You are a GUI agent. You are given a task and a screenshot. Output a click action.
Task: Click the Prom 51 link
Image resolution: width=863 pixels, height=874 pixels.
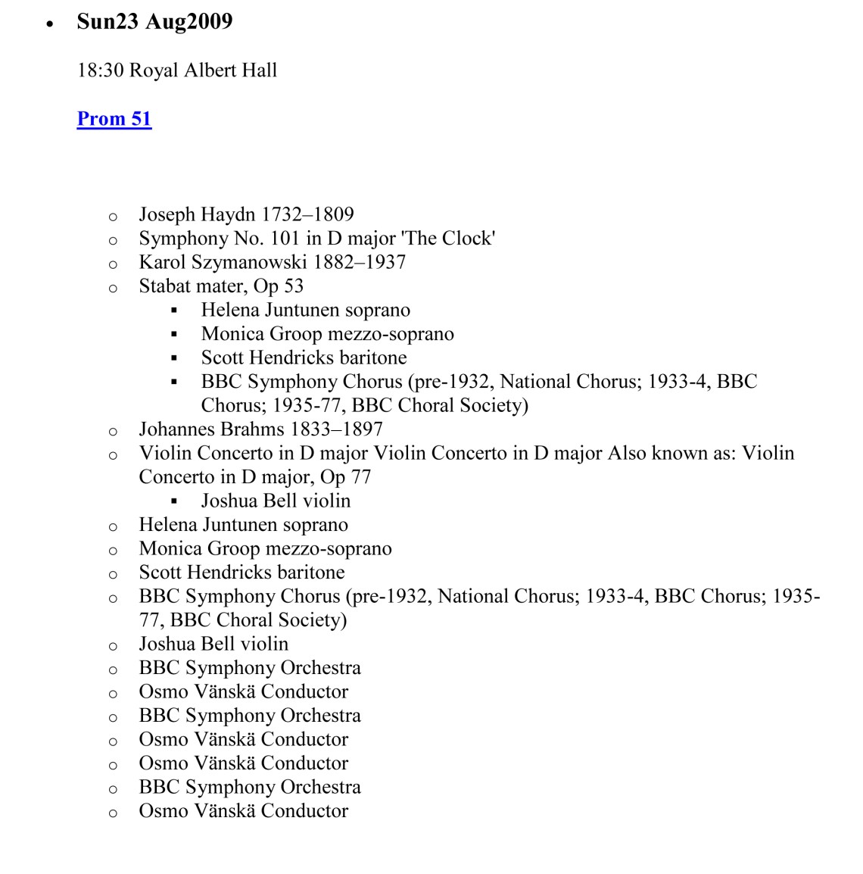[x=114, y=119]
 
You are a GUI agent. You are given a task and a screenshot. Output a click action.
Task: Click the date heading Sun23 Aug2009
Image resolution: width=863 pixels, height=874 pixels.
[x=154, y=21]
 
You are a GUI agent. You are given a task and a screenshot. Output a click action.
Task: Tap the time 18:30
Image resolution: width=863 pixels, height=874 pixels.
[x=101, y=70]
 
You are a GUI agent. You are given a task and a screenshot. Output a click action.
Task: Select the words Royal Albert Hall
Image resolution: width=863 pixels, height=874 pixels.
[x=204, y=70]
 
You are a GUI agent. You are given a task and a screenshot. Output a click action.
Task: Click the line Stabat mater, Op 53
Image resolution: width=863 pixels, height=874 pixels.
[x=221, y=286]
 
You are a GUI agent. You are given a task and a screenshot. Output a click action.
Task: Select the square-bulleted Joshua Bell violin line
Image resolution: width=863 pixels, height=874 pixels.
[x=276, y=501]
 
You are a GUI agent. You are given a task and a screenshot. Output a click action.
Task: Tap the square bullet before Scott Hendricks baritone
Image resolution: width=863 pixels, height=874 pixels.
[x=174, y=358]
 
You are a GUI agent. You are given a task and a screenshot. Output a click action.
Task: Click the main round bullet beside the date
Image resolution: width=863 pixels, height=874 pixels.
[x=50, y=23]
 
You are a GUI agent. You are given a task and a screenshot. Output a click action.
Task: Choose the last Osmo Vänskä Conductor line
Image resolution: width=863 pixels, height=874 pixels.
[x=243, y=810]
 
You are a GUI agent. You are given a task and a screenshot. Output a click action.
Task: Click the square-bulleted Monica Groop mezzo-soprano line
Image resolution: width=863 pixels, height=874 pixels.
[x=327, y=334]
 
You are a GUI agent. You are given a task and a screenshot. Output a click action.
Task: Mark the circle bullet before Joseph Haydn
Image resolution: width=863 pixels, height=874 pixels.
[x=113, y=217]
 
